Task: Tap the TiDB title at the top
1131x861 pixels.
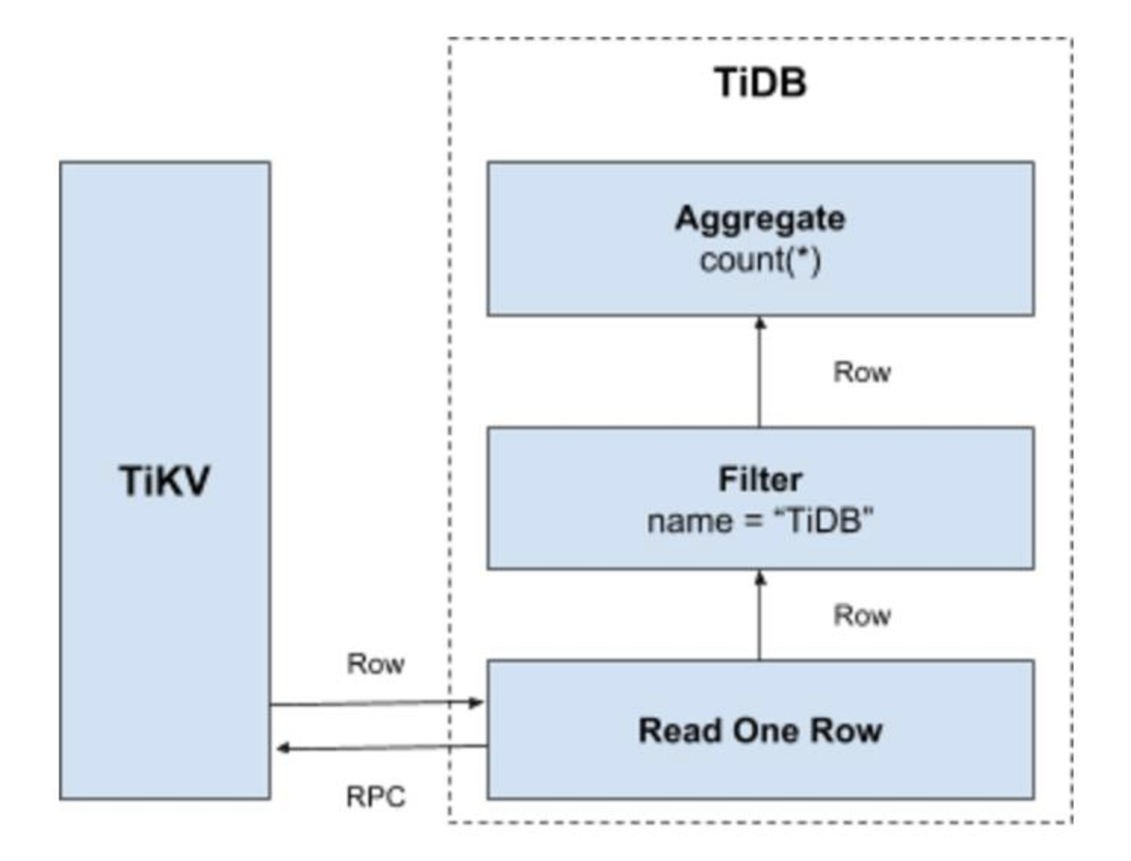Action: coord(760,82)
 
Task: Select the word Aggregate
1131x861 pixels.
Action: coord(760,219)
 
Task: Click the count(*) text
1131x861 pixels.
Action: coord(760,260)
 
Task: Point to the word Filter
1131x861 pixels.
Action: coord(760,480)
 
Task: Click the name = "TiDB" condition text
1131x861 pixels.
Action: coord(760,521)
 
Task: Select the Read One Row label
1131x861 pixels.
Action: coord(760,731)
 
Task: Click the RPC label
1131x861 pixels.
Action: coord(376,797)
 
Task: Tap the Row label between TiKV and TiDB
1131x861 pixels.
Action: coord(376,663)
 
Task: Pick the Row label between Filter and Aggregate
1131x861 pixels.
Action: coord(862,372)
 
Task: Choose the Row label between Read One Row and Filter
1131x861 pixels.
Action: coord(862,615)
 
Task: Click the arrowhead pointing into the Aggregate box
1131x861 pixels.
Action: coord(760,323)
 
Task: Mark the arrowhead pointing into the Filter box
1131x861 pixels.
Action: coord(760,578)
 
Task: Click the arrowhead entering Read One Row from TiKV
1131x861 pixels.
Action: coord(477,702)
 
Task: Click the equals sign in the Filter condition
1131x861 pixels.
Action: coord(752,522)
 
